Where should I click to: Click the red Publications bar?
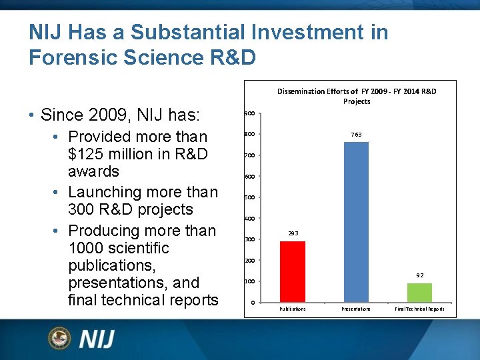293,271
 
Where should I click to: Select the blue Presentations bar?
356,222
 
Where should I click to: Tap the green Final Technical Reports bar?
419,293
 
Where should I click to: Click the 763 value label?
356,135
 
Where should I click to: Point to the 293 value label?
293,233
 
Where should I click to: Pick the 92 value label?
419,275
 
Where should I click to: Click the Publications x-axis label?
293,309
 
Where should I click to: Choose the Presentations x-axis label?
356,309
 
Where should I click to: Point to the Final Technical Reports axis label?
419,309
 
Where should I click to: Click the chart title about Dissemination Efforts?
357,96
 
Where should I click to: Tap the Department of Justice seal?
60,339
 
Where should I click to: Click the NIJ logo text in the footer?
97,339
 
